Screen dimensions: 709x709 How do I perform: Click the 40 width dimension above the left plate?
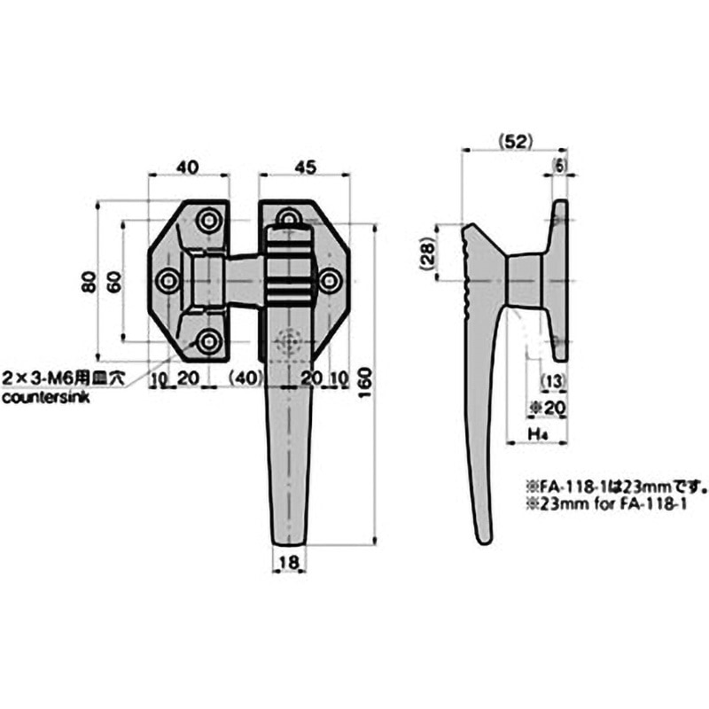coord(187,166)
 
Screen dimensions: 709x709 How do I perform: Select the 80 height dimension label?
coord(87,281)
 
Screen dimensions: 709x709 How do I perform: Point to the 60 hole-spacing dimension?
coord(113,281)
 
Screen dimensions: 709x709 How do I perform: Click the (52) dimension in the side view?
coord(512,140)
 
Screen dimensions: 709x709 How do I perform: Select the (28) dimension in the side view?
coord(427,255)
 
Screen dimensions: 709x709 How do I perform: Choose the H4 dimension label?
coord(535,433)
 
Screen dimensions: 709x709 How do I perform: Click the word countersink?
coord(45,398)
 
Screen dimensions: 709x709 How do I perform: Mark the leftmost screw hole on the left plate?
coord(168,281)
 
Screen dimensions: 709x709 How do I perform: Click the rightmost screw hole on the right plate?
coord(330,281)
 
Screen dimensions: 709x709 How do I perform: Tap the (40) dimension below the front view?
coord(245,378)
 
